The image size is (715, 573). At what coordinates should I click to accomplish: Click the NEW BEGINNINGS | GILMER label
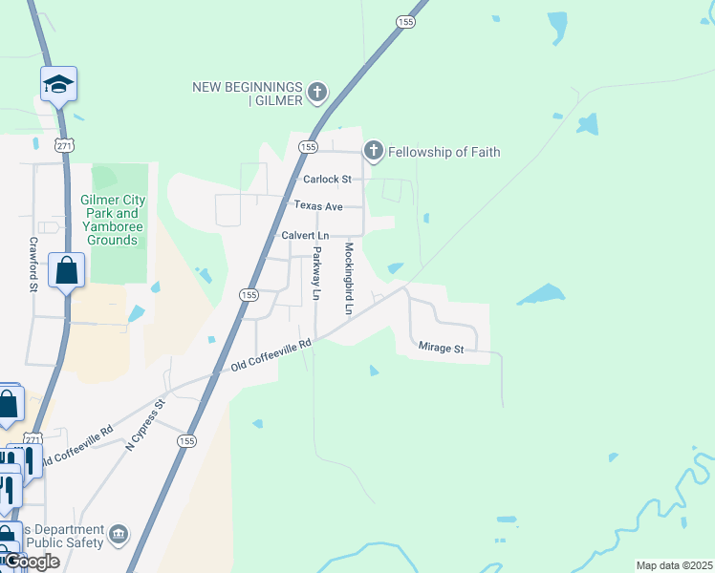tap(248, 93)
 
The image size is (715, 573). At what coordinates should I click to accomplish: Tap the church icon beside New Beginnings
tap(317, 94)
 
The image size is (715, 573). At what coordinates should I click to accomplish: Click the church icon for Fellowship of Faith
tap(373, 151)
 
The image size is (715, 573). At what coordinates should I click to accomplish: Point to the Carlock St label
tap(327, 179)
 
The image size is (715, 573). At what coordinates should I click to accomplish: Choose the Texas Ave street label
tap(317, 205)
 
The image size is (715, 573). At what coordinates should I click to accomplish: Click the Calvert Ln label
tap(304, 235)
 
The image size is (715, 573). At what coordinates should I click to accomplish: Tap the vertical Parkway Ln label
tap(316, 273)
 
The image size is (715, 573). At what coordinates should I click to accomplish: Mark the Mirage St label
tap(442, 349)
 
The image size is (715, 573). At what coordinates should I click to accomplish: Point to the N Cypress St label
tap(146, 424)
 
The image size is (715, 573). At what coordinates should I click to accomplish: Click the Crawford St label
tap(32, 265)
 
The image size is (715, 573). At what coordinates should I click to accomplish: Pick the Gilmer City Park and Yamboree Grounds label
tap(113, 220)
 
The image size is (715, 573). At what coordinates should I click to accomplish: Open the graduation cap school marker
tap(58, 85)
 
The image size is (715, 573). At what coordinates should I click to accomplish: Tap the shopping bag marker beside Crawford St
tap(67, 271)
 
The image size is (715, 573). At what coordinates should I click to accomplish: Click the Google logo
tap(32, 562)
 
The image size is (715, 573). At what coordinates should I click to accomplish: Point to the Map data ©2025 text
tap(674, 565)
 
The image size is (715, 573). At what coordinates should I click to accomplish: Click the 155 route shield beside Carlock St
tap(308, 147)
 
